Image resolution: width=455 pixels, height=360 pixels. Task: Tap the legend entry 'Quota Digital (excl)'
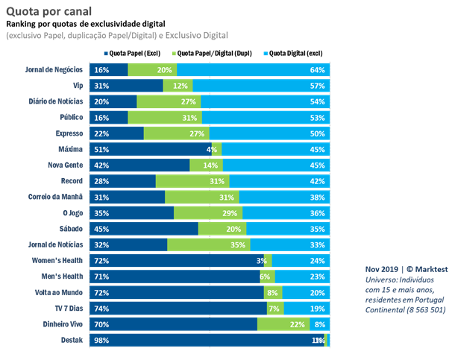[x=295, y=53]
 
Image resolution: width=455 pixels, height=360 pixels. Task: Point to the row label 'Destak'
[x=72, y=340]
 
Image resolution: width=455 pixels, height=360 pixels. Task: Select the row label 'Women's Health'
[x=60, y=260]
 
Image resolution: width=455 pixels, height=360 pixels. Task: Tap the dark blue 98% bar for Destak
[x=201, y=340]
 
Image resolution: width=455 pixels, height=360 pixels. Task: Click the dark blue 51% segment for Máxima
[x=149, y=149]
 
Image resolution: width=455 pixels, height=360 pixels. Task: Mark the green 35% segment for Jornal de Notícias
[x=208, y=244]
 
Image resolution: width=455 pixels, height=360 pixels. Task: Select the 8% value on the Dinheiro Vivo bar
[x=318, y=323]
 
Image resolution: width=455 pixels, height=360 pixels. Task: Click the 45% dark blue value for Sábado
[x=100, y=229]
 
